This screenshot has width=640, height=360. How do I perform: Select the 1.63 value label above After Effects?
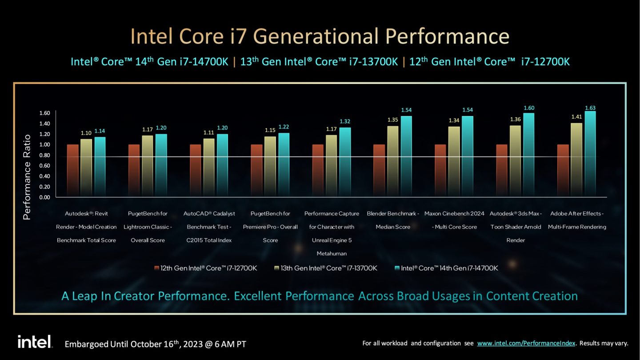590,107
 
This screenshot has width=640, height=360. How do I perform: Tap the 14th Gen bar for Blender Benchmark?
406,156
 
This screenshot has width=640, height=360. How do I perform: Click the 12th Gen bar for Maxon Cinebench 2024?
440,170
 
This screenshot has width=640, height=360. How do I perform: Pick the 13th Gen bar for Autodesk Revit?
86,167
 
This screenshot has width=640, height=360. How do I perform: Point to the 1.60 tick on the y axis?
44,113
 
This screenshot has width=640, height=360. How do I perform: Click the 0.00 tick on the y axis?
44,197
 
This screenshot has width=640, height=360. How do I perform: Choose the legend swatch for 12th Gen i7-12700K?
156,268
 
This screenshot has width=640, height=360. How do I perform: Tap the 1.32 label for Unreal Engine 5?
345,121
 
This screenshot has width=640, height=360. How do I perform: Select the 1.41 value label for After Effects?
576,117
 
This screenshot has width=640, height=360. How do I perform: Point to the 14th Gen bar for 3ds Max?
529,155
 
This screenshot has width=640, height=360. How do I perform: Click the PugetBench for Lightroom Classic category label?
148,227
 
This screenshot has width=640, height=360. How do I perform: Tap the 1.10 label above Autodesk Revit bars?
86,133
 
